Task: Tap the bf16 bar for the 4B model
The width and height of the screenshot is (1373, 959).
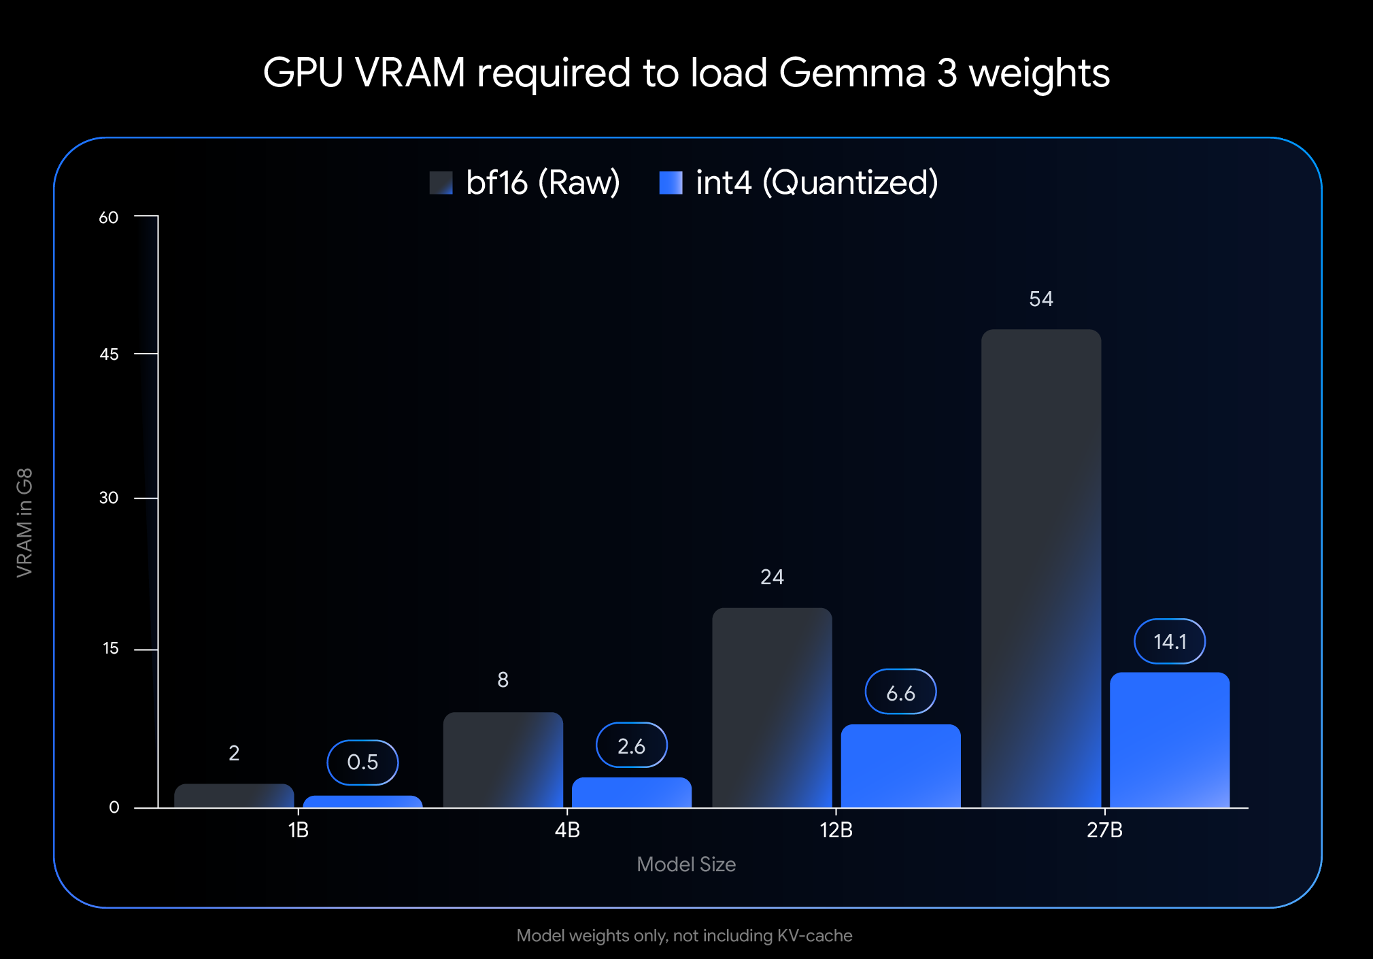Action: (x=503, y=760)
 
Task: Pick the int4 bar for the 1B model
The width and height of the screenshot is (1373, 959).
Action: (x=362, y=802)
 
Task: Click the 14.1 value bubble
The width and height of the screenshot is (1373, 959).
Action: (x=1169, y=641)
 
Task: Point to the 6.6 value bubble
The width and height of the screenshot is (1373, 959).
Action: (x=900, y=692)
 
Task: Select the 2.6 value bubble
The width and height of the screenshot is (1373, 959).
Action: (x=631, y=745)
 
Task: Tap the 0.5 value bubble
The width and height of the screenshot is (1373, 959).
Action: (x=362, y=762)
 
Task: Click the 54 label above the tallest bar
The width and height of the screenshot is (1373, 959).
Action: (x=1040, y=299)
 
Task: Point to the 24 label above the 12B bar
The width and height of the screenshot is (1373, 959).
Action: (x=772, y=577)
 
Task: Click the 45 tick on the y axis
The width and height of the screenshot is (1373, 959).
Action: (x=109, y=354)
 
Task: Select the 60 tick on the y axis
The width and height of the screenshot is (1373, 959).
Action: (x=109, y=218)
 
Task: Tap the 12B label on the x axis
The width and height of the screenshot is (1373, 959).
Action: (x=836, y=830)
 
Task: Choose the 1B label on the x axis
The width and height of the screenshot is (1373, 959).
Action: (x=298, y=830)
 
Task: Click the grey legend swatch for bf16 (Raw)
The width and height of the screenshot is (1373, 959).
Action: (x=441, y=183)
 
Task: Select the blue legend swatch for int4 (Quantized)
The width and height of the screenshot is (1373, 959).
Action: (x=671, y=183)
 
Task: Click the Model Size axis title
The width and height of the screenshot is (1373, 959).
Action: (x=685, y=864)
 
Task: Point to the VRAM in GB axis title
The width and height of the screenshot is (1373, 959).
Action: (x=24, y=522)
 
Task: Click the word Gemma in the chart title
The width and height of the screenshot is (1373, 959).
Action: (x=852, y=73)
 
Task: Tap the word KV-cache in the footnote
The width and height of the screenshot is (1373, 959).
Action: (x=814, y=936)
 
